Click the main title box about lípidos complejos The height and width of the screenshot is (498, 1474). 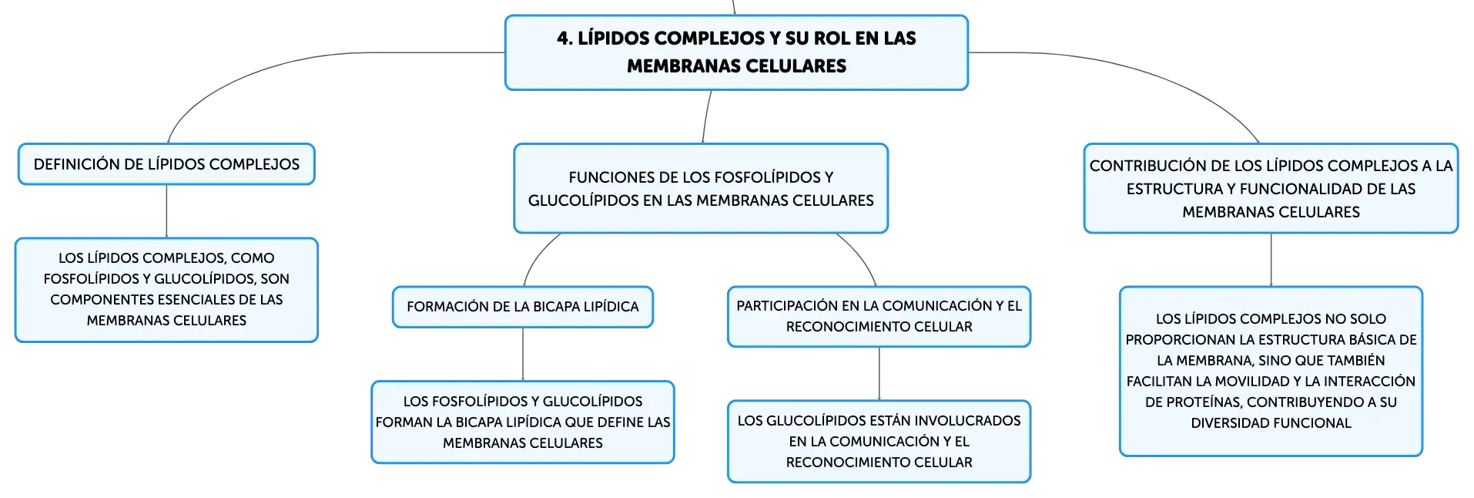pyautogui.click(x=736, y=52)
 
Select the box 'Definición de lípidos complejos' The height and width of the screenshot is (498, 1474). pyautogui.click(x=166, y=164)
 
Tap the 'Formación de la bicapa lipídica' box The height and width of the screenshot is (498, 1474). pyautogui.click(x=523, y=307)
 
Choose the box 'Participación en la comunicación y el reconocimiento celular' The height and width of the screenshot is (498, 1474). pyautogui.click(x=879, y=317)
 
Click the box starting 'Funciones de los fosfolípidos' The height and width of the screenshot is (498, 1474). pyautogui.click(x=701, y=188)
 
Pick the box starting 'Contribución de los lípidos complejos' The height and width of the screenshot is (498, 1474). pyautogui.click(x=1271, y=188)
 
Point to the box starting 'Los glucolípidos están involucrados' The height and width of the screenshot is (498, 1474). pyautogui.click(x=879, y=442)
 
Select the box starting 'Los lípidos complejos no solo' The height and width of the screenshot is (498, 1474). pyautogui.click(x=1271, y=371)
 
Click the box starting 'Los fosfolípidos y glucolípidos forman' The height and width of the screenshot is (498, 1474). pyautogui.click(x=523, y=422)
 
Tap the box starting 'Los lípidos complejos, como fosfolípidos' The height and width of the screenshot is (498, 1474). pyautogui.click(x=166, y=290)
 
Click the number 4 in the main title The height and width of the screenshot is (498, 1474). pyautogui.click(x=564, y=39)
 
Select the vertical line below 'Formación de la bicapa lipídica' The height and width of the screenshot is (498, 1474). pyautogui.click(x=523, y=354)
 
